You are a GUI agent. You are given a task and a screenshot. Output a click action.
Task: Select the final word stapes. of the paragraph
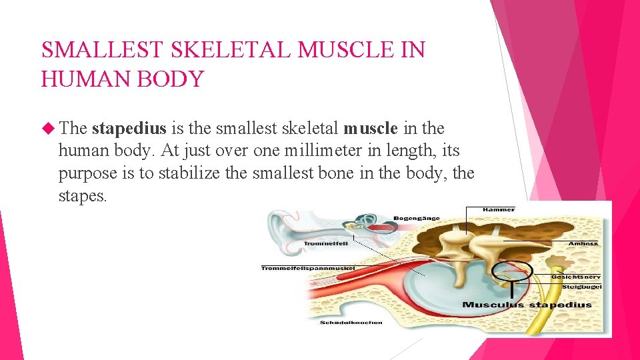click(82, 197)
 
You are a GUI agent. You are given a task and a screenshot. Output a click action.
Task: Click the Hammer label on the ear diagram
click(499, 209)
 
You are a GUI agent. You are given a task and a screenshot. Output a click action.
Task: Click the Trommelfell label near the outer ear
click(326, 244)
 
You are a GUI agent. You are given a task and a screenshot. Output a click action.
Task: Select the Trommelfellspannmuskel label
click(308, 269)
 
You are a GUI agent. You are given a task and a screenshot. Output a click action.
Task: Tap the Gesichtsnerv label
click(576, 276)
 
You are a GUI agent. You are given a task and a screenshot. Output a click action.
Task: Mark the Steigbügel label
click(581, 287)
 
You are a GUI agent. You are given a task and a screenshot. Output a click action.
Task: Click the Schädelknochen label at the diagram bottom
click(351, 323)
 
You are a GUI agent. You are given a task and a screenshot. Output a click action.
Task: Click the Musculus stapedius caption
click(527, 305)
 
